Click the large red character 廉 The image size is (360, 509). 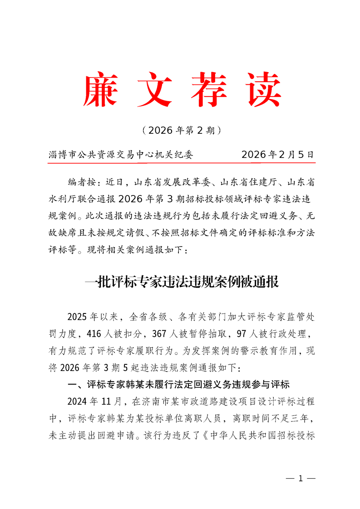(100, 89)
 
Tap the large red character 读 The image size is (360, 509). (261, 89)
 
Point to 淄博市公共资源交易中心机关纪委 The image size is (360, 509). (120, 155)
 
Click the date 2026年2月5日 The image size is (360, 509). (277, 155)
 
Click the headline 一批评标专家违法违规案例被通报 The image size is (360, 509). (181, 282)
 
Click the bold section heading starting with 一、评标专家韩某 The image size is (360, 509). (178, 385)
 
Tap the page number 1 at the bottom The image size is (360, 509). (299, 479)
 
